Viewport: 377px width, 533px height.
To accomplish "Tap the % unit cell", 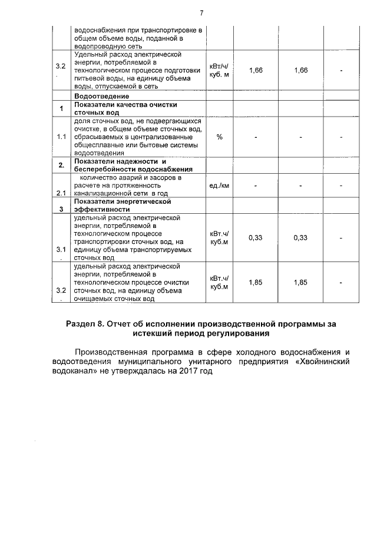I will tap(219, 137).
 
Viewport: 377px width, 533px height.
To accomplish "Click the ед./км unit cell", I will tap(219, 185).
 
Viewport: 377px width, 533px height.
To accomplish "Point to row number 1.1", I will tap(61, 137).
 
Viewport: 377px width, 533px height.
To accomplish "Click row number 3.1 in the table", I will tap(61, 250).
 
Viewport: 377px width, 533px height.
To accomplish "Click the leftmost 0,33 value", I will tap(256, 237).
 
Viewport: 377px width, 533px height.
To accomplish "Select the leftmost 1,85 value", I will tap(256, 282).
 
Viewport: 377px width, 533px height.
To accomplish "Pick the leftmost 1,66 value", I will tap(256, 71).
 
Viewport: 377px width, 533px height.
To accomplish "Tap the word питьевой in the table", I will tap(89, 78).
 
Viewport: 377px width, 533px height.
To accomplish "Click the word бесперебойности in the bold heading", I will tap(102, 169).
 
